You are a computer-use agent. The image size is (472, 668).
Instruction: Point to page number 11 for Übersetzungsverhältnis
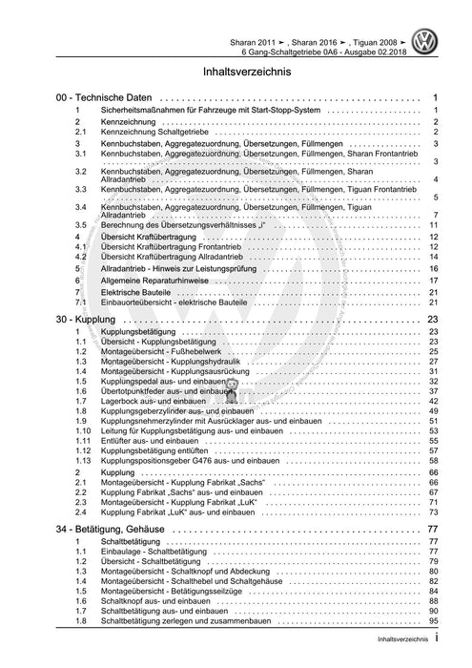432,224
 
